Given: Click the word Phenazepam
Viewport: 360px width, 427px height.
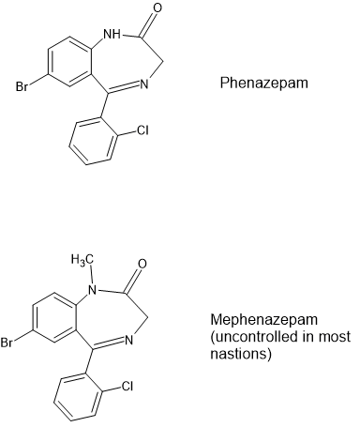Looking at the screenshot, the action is pyautogui.click(x=264, y=84).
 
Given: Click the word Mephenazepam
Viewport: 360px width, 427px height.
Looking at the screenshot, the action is pyautogui.click(x=263, y=320).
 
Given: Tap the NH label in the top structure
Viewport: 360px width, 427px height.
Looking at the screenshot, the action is pyautogui.click(x=112, y=34).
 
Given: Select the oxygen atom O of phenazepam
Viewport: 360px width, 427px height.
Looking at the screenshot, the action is pyautogui.click(x=157, y=8).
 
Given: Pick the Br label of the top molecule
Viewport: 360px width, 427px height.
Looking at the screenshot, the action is pyautogui.click(x=22, y=86).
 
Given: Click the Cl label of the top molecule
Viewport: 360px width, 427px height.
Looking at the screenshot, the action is pyautogui.click(x=142, y=130).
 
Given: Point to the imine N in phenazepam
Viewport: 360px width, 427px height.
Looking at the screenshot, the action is pyautogui.click(x=143, y=84).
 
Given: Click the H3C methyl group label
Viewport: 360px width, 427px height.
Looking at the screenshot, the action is pyautogui.click(x=82, y=260).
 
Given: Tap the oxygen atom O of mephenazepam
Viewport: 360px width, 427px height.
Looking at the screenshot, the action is pyautogui.click(x=142, y=264).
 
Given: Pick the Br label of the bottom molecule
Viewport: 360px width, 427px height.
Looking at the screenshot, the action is pyautogui.click(x=7, y=343).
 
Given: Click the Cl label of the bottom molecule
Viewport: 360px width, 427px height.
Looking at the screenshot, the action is pyautogui.click(x=127, y=386).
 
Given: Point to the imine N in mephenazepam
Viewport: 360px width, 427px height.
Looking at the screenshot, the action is pyautogui.click(x=128, y=341).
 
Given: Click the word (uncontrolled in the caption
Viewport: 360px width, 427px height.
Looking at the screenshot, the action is pyautogui.click(x=255, y=337).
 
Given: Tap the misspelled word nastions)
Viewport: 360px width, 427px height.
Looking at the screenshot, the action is pyautogui.click(x=240, y=354).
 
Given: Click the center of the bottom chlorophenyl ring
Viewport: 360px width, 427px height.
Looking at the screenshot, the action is pyautogui.click(x=78, y=397).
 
